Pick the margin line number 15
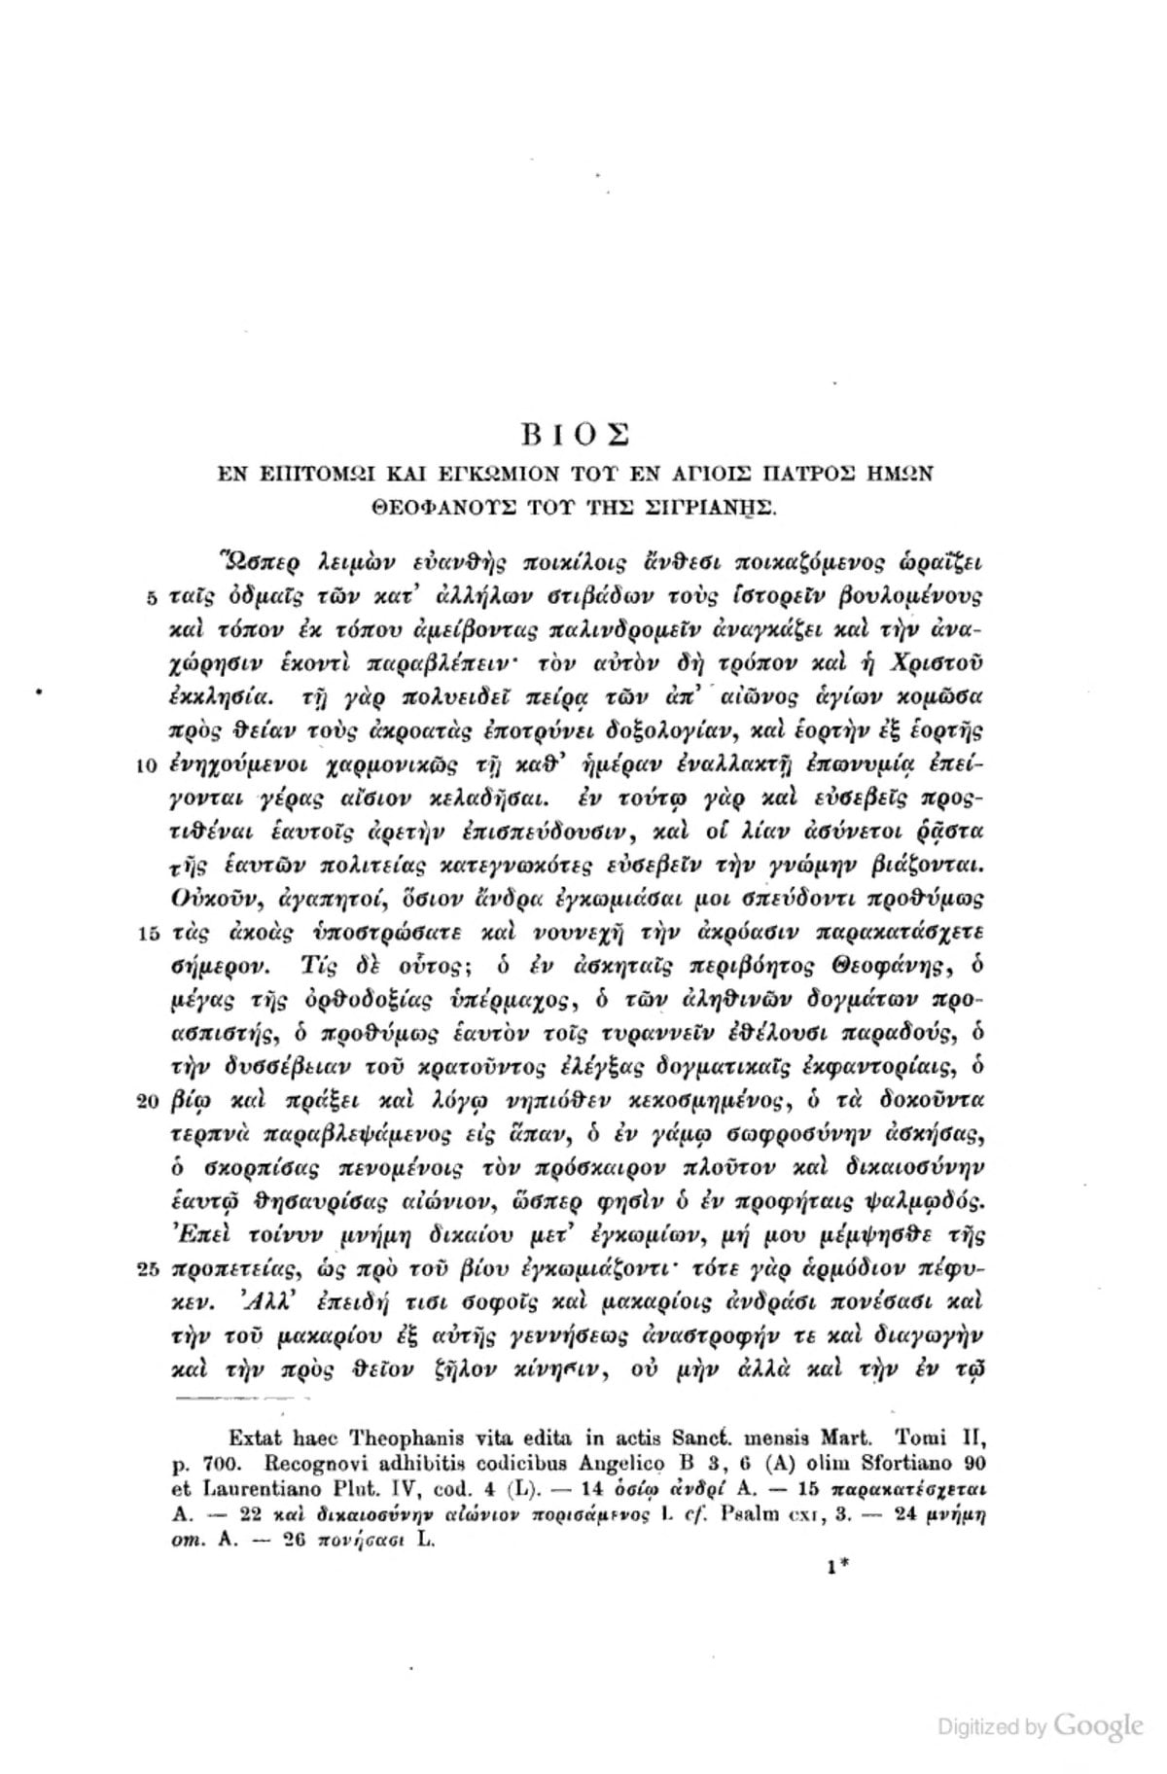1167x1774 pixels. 148,935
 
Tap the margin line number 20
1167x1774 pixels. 148,1103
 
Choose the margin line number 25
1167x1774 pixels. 148,1272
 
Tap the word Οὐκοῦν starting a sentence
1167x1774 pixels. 212,899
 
